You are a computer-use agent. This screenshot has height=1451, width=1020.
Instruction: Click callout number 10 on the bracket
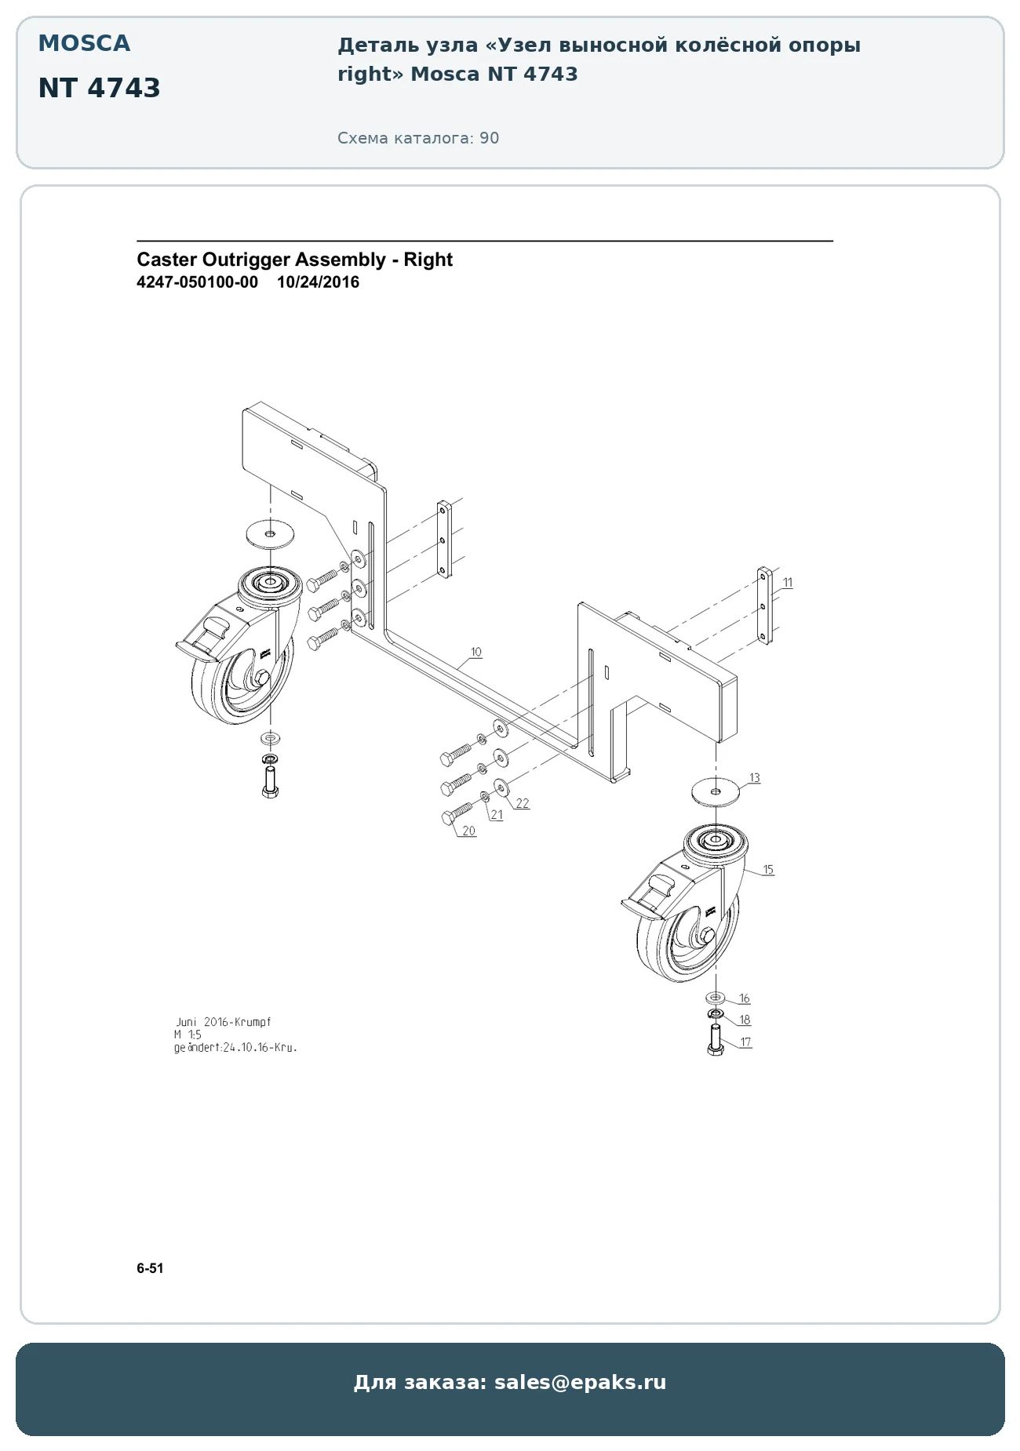click(476, 652)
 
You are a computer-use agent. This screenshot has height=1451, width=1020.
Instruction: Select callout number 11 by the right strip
click(788, 583)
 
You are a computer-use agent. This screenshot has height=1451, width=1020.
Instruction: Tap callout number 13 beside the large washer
click(754, 778)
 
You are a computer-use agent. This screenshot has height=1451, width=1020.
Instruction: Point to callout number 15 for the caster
click(768, 869)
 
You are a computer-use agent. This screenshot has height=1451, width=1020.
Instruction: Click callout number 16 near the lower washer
click(745, 998)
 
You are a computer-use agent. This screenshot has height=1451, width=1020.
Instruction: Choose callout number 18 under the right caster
click(745, 1020)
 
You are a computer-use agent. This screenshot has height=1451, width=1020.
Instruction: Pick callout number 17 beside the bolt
click(745, 1042)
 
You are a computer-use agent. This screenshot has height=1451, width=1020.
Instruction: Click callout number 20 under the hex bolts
click(468, 831)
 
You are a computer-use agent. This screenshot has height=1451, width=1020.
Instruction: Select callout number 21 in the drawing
click(497, 815)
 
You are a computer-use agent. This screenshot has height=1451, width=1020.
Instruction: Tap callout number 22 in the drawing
click(523, 803)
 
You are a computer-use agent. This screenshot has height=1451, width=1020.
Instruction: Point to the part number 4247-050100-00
click(197, 282)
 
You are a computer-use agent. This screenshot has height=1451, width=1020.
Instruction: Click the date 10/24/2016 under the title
click(318, 282)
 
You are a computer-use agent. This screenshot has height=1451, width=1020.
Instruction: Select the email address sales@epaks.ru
click(580, 1382)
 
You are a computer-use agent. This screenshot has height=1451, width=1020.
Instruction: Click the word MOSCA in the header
click(84, 43)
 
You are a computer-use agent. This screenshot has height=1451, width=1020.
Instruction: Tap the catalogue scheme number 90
click(490, 138)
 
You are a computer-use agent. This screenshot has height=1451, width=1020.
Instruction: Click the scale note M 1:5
click(188, 1035)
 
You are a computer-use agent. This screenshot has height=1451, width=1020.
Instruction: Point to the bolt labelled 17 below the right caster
click(715, 1039)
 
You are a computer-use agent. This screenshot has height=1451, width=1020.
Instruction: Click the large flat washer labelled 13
click(716, 791)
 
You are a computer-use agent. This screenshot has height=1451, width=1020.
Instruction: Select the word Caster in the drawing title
click(167, 260)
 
